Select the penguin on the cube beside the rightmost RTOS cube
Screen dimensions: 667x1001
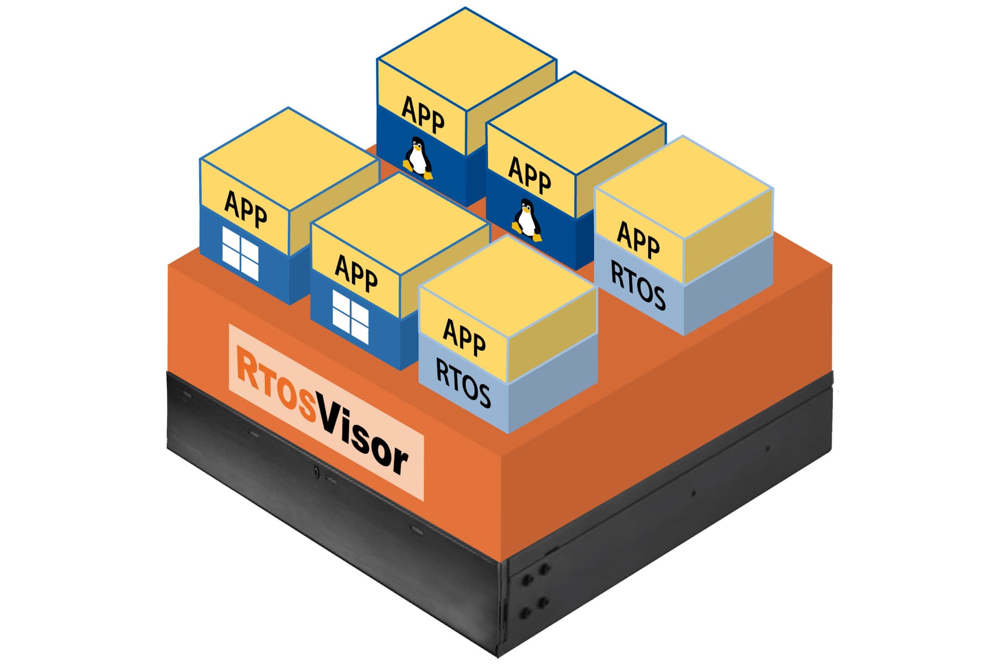527,220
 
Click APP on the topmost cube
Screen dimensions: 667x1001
423,115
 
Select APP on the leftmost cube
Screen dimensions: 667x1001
246,209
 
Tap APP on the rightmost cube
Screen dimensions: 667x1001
638,239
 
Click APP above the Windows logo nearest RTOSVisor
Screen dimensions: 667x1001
356,273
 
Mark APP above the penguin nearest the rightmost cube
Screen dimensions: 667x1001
529,175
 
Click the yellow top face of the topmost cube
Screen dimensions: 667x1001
466,57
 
